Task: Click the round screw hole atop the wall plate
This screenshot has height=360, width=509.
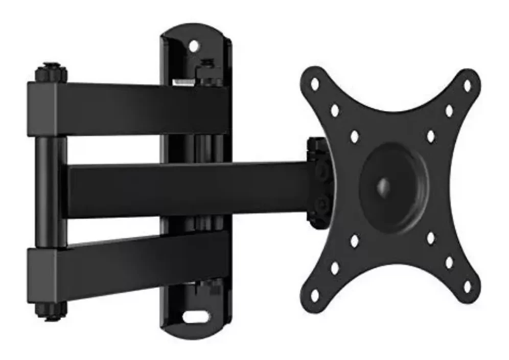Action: tap(194, 46)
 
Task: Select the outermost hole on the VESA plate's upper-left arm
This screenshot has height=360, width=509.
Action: tap(315, 84)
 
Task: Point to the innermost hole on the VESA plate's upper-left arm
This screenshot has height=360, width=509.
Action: tap(354, 136)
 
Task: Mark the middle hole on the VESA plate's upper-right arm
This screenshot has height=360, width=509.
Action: tap(449, 109)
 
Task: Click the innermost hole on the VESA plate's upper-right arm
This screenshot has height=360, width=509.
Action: tap(430, 136)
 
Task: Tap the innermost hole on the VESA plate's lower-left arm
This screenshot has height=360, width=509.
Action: tap(355, 238)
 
